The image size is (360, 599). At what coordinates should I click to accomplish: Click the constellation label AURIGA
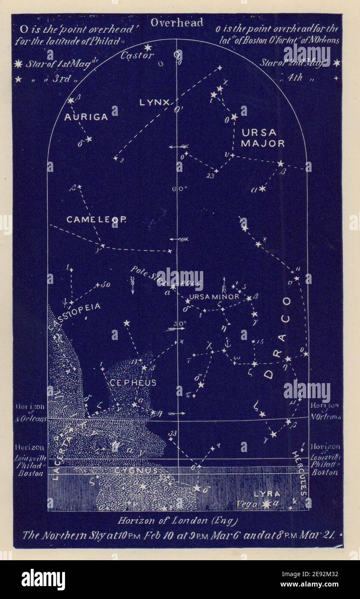coord(86,117)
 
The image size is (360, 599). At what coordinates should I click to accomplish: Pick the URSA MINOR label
coord(214,297)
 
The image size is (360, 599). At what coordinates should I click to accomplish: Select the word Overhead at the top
coord(177,23)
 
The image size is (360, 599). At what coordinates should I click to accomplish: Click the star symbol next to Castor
coord(148,47)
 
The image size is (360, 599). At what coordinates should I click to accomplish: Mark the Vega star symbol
coord(267,504)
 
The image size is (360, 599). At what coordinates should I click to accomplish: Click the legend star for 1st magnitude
coord(18,64)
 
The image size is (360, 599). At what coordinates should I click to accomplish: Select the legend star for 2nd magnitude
coord(336,63)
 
